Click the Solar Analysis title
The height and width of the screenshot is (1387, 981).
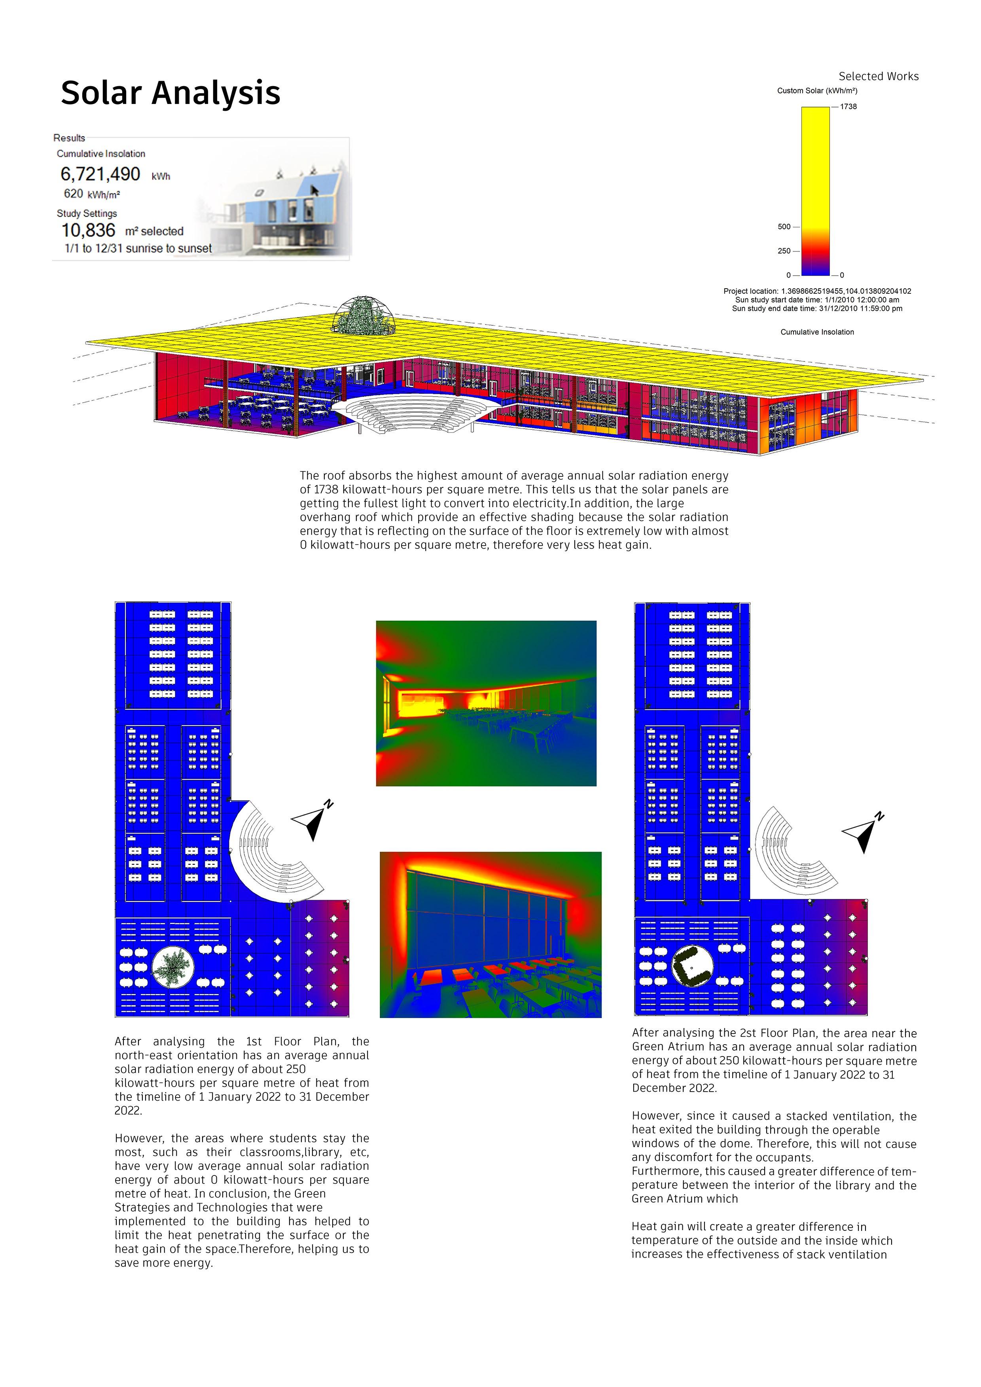tap(170, 93)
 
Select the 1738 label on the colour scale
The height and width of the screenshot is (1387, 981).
tap(848, 106)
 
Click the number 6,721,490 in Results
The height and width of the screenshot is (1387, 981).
tap(100, 174)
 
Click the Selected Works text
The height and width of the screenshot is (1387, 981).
tap(878, 76)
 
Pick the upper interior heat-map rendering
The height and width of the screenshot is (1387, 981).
tap(486, 703)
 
